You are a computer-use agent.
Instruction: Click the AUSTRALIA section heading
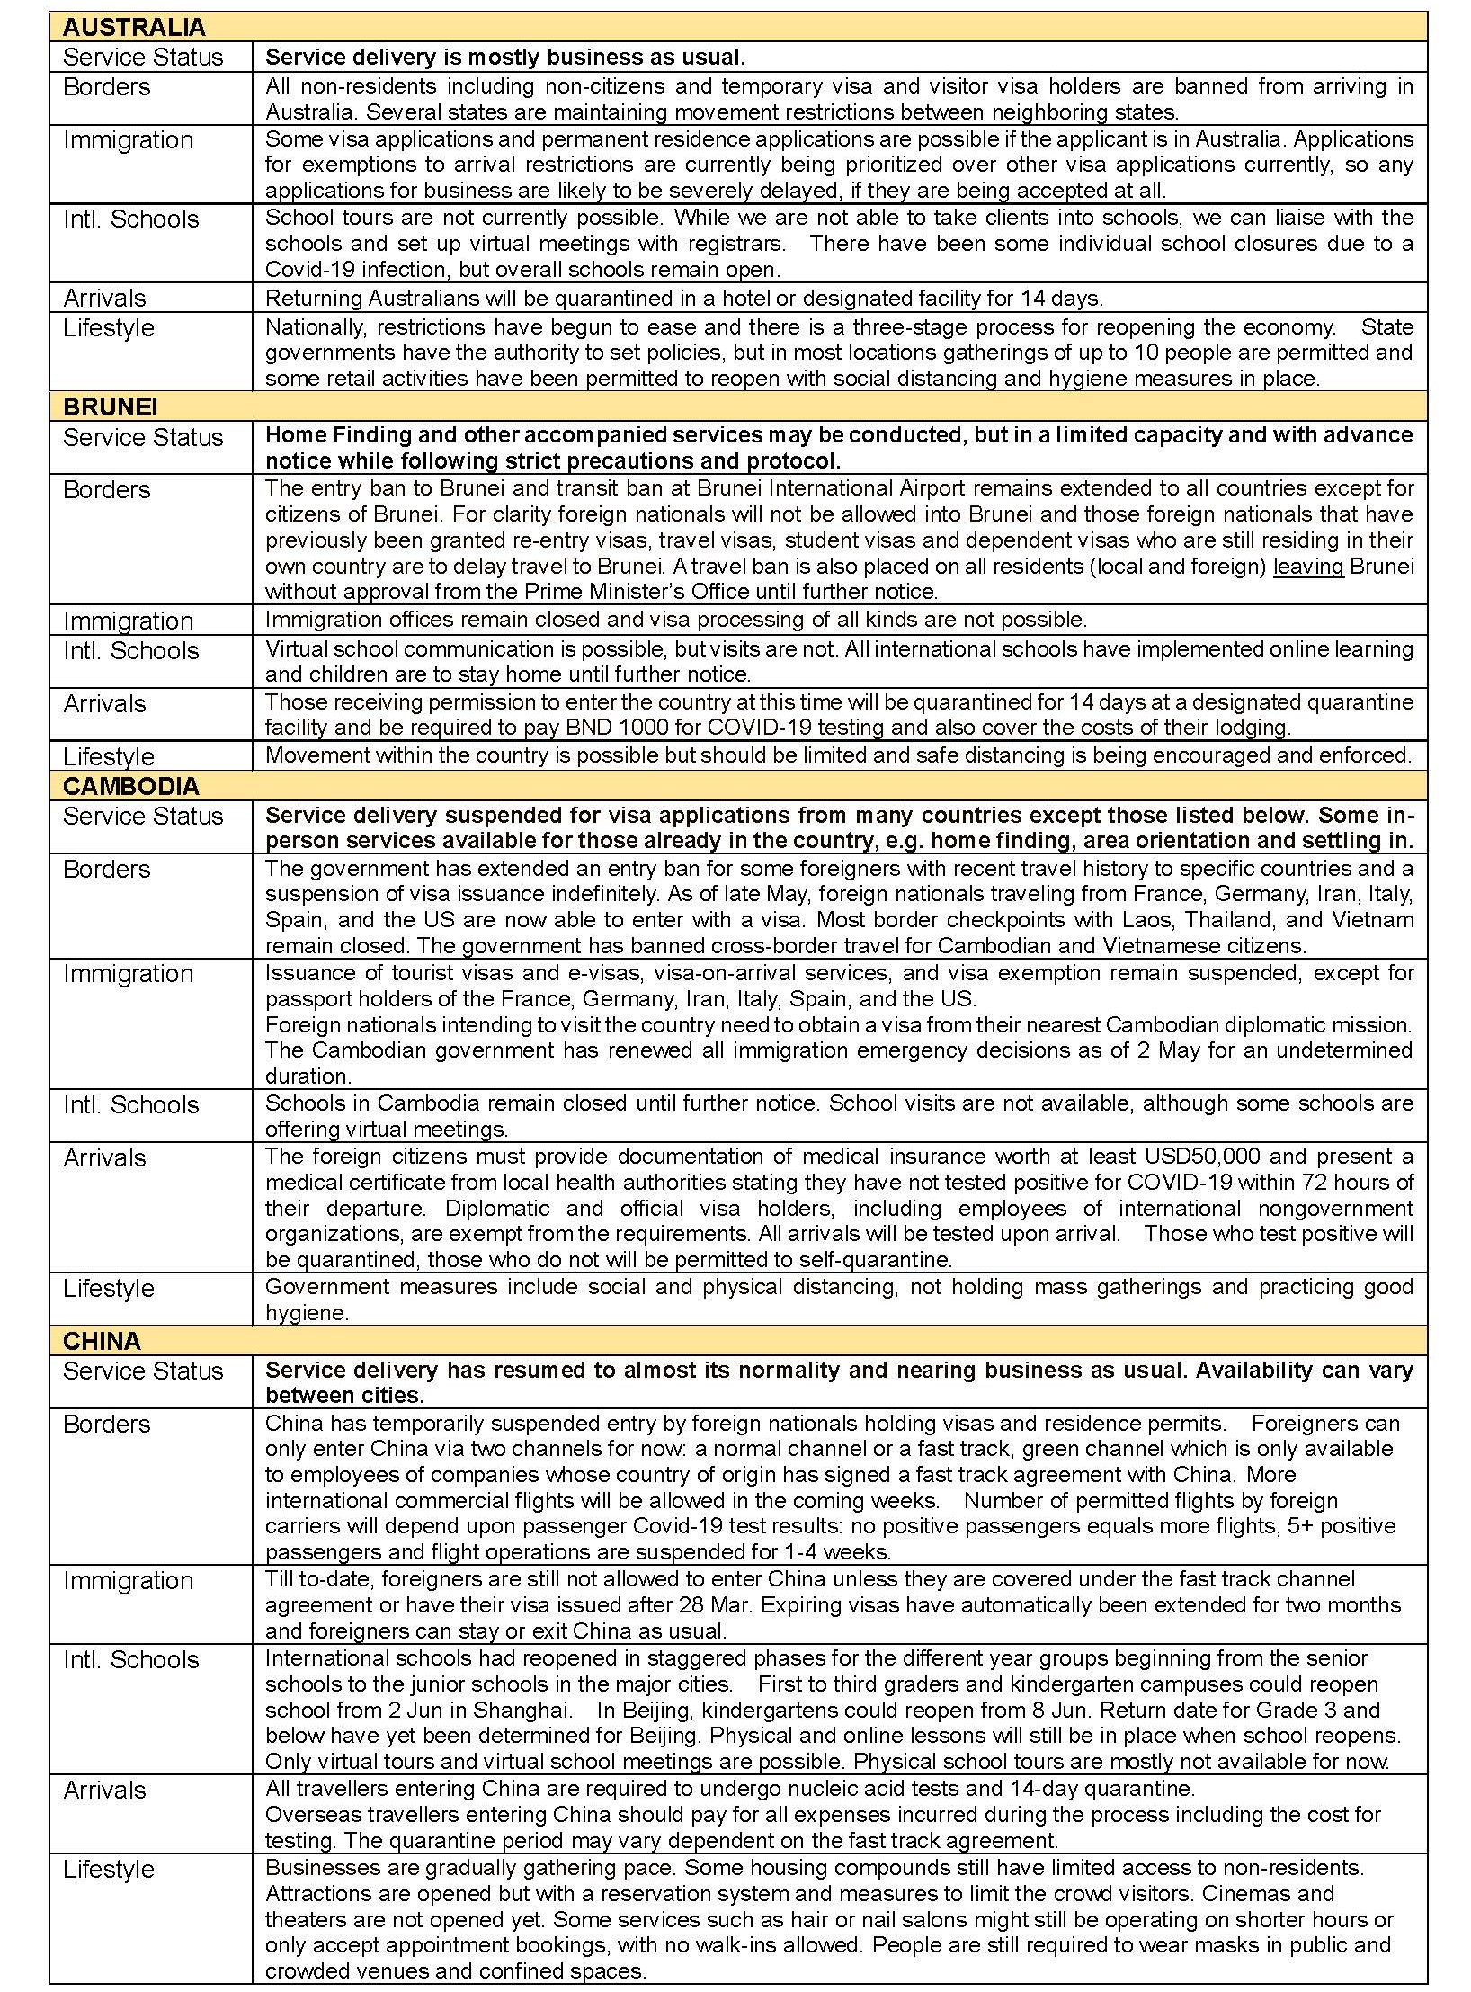point(134,27)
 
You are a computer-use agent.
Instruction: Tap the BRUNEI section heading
point(110,406)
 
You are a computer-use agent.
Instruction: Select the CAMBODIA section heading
point(130,786)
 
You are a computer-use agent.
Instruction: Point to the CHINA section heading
point(102,1341)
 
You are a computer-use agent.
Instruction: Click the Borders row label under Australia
point(106,87)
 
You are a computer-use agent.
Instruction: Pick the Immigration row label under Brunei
point(128,621)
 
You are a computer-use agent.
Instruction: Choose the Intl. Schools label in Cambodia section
point(130,1104)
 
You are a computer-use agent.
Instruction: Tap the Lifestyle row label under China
point(108,1870)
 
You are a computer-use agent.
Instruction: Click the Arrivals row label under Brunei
point(104,703)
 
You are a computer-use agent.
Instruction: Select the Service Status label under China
point(142,1371)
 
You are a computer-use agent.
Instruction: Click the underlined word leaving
point(1307,566)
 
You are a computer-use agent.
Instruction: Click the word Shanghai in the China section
point(522,1710)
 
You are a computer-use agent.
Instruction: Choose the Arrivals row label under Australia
point(104,298)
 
